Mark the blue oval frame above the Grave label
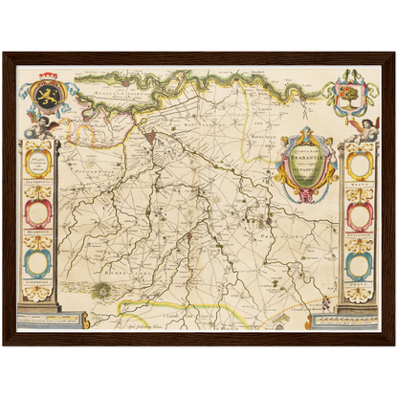click(359, 262)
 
